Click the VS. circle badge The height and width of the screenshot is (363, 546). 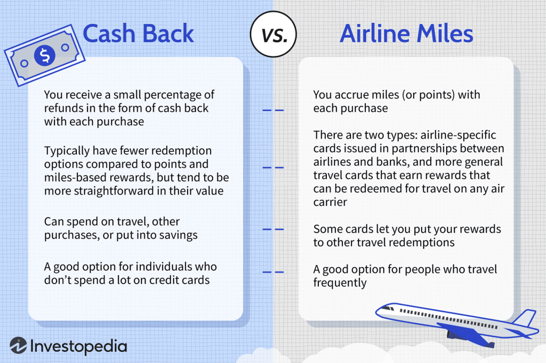coord(274,34)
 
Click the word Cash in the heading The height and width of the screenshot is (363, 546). coord(109,34)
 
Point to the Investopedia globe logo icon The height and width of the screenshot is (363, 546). coord(18,345)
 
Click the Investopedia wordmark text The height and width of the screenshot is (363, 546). coord(79,346)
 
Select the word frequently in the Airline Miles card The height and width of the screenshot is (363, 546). coord(340,283)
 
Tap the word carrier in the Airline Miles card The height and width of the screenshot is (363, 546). coord(330,202)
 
